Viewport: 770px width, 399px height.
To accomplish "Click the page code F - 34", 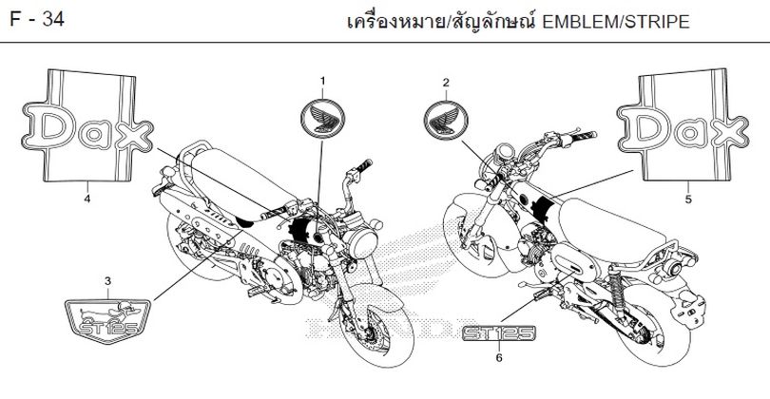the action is coord(37,20).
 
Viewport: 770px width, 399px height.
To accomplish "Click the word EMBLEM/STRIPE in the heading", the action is coord(616,22).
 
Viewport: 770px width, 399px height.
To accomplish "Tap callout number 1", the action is coord(322,81).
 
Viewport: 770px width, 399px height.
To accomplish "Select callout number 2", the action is coord(446,83).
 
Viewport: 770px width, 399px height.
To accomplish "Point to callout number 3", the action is coord(107,281).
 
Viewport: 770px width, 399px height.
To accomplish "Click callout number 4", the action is coord(87,199).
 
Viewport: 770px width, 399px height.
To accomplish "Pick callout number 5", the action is coord(688,199).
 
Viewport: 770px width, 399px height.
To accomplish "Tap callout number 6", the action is coord(499,358).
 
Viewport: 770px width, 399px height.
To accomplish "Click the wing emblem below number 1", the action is coord(322,119).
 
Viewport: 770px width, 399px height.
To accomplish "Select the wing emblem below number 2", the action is coord(446,121).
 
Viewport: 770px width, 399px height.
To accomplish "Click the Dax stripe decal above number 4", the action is coord(87,126).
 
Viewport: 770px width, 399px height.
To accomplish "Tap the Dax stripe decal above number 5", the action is coord(683,125).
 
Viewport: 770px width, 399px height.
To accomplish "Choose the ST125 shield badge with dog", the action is coord(107,321).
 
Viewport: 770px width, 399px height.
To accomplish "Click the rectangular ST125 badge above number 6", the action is coord(499,333).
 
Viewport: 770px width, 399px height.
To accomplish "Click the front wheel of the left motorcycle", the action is coord(375,324).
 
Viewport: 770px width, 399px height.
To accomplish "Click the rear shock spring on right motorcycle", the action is coord(617,287).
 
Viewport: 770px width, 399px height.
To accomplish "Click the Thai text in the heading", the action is coord(440,22).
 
